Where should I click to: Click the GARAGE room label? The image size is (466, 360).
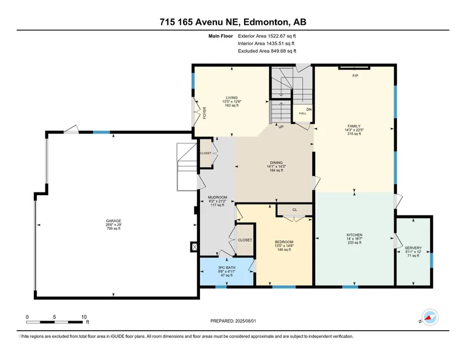[x=114, y=221]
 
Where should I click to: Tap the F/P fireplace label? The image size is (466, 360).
[x=355, y=76]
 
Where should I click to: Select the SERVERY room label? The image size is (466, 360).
[x=413, y=248]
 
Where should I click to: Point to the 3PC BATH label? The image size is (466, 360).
[x=227, y=267]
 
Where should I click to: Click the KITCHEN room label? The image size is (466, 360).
[x=354, y=235]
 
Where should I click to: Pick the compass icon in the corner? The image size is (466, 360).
[x=430, y=317]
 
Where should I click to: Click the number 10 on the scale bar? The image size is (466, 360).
[x=84, y=317]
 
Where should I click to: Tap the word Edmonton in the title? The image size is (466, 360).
[x=266, y=22]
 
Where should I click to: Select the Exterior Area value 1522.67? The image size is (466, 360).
[x=277, y=36]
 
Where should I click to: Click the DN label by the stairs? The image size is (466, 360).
[x=309, y=109]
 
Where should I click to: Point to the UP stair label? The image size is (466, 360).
[x=281, y=127]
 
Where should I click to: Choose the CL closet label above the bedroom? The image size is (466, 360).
[x=294, y=209]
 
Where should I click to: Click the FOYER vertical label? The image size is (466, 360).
[x=204, y=113]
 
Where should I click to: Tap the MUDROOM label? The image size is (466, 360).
[x=217, y=197]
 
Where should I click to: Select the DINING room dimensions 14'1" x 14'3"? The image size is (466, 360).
[x=276, y=166]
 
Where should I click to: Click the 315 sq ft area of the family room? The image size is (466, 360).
[x=354, y=134]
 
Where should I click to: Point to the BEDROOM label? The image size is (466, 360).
[x=284, y=242]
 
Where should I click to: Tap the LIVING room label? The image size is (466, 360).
[x=232, y=98]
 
